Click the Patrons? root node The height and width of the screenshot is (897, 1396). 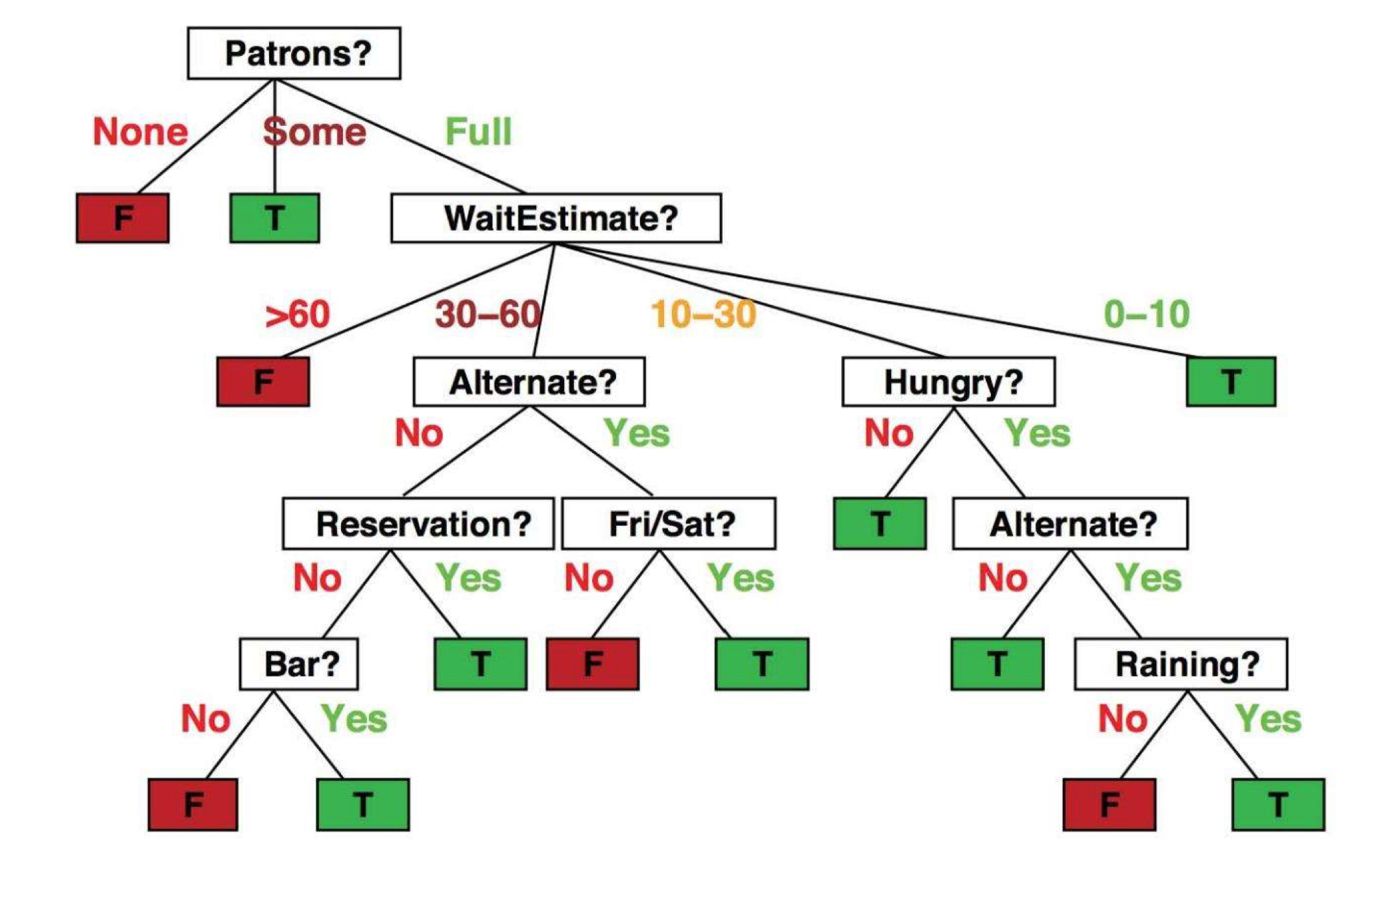[294, 53]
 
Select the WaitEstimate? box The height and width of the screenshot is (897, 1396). [555, 218]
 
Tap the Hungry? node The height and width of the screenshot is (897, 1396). [948, 382]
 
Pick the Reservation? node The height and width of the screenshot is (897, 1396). [418, 524]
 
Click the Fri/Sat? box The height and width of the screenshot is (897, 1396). [668, 524]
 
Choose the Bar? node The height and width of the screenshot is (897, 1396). [298, 664]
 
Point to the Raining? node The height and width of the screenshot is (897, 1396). [1180, 664]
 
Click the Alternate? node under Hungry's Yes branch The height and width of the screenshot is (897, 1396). [1070, 524]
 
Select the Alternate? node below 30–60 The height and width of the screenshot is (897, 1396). [529, 382]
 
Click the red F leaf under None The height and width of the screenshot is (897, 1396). [123, 218]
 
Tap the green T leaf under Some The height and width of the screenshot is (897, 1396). [274, 218]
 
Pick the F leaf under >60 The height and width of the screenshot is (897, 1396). [263, 382]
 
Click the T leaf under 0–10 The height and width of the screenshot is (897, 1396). [1231, 382]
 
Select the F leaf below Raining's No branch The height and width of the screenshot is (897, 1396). [1109, 805]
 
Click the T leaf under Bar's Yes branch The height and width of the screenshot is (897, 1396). [363, 805]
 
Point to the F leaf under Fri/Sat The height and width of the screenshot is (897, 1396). [592, 664]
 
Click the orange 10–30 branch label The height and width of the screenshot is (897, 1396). [703, 314]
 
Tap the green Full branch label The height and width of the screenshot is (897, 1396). [478, 131]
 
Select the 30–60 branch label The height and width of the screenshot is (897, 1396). [488, 314]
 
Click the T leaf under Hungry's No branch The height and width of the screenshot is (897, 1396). [879, 524]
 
